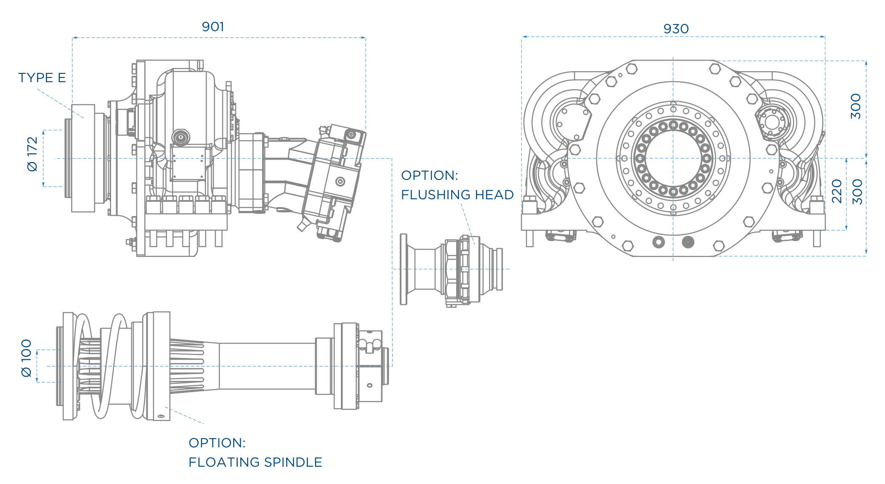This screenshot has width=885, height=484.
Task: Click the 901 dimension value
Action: pyautogui.click(x=213, y=27)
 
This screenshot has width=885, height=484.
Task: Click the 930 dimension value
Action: pyautogui.click(x=676, y=29)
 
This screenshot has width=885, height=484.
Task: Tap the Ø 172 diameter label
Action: pyautogui.click(x=32, y=154)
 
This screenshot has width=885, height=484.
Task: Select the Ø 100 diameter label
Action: pyautogui.click(x=27, y=358)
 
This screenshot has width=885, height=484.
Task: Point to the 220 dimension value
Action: pyautogui.click(x=837, y=191)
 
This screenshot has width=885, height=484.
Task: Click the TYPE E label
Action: pyautogui.click(x=42, y=78)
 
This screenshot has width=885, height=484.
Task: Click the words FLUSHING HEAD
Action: pyautogui.click(x=457, y=195)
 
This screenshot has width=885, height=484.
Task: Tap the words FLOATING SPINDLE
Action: pyautogui.click(x=255, y=462)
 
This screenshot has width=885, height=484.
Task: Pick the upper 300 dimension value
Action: pyautogui.click(x=856, y=107)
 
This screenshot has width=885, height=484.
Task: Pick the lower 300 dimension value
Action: pyautogui.click(x=857, y=192)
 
